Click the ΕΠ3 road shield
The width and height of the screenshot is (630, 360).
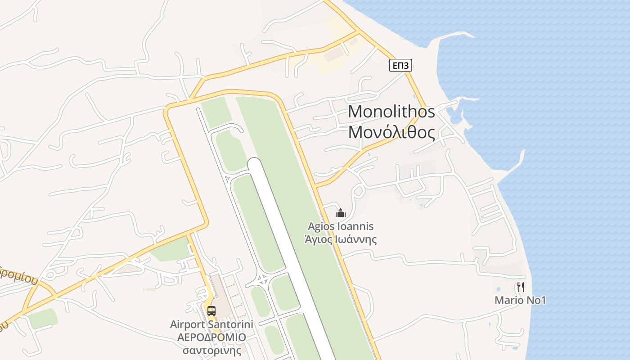coord(400,66)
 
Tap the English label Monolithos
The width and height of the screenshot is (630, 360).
coord(391,111)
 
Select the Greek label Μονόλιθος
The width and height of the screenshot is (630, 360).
coord(391,132)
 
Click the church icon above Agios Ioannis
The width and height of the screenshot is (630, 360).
coord(341,212)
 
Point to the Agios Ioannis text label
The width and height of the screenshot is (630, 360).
coord(341,226)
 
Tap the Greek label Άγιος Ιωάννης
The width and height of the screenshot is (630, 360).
coord(341,239)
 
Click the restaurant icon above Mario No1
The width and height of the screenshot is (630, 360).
coord(520,287)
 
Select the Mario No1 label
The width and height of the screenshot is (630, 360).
coord(520,300)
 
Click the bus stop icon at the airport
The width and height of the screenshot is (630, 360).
coord(211,310)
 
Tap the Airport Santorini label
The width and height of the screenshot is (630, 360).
coord(211,324)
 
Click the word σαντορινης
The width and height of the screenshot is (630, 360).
coord(211,350)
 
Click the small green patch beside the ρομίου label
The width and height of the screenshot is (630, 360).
coord(43,318)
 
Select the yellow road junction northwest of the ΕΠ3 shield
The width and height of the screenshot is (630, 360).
coord(358,32)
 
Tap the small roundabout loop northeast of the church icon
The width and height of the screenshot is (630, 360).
coord(359,191)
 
